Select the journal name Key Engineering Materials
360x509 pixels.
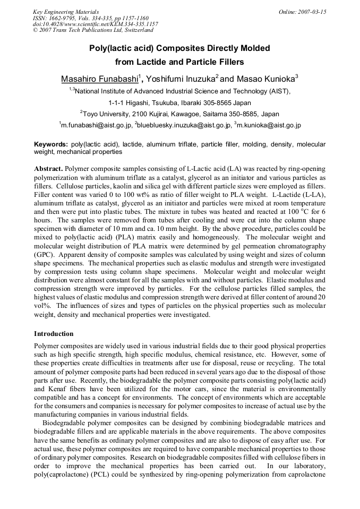click(66, 12)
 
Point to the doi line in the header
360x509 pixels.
click(96, 24)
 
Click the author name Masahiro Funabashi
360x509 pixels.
click(99, 79)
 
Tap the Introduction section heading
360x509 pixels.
click(54, 334)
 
